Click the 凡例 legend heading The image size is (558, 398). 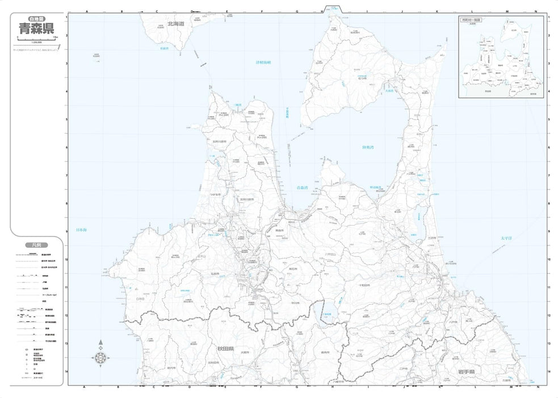33,244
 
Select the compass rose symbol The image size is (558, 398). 100,357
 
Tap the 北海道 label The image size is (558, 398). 177,24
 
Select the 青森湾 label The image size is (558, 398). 302,187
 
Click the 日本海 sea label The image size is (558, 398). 81,230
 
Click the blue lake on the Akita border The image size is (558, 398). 328,312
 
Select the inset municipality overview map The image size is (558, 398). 501,57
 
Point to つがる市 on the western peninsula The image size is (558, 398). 215,194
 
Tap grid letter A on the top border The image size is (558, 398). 86,11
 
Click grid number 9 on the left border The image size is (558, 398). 66,231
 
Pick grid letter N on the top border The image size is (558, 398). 535,11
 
